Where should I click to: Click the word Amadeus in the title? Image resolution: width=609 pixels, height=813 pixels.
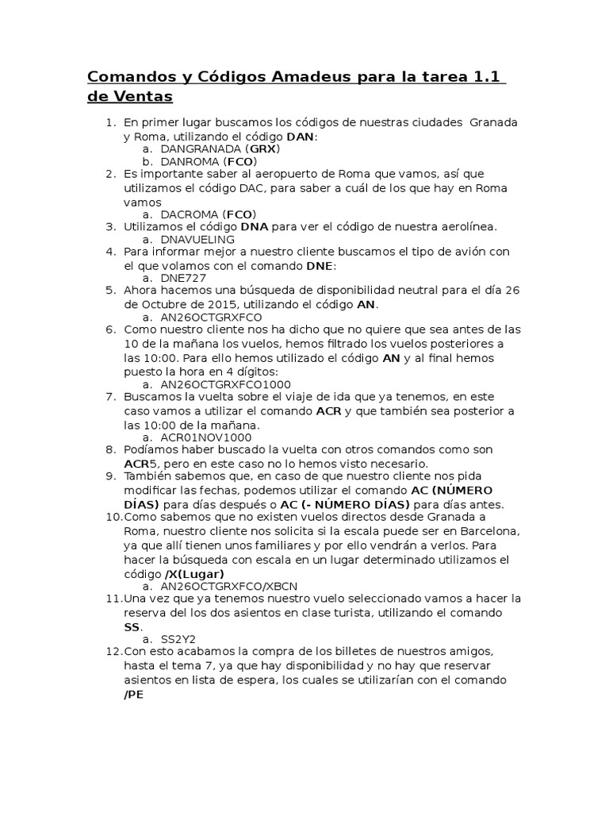312,77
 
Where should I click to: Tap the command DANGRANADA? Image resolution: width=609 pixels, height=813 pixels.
201,148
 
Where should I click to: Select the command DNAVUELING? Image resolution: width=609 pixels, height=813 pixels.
197,239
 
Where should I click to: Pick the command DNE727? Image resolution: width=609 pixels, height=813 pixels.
182,278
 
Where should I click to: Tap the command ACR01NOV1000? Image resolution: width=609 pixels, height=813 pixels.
206,437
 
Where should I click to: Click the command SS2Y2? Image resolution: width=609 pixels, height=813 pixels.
178,639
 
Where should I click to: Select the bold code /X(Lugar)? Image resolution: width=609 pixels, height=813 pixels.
194,574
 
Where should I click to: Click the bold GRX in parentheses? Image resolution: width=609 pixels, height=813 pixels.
262,148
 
